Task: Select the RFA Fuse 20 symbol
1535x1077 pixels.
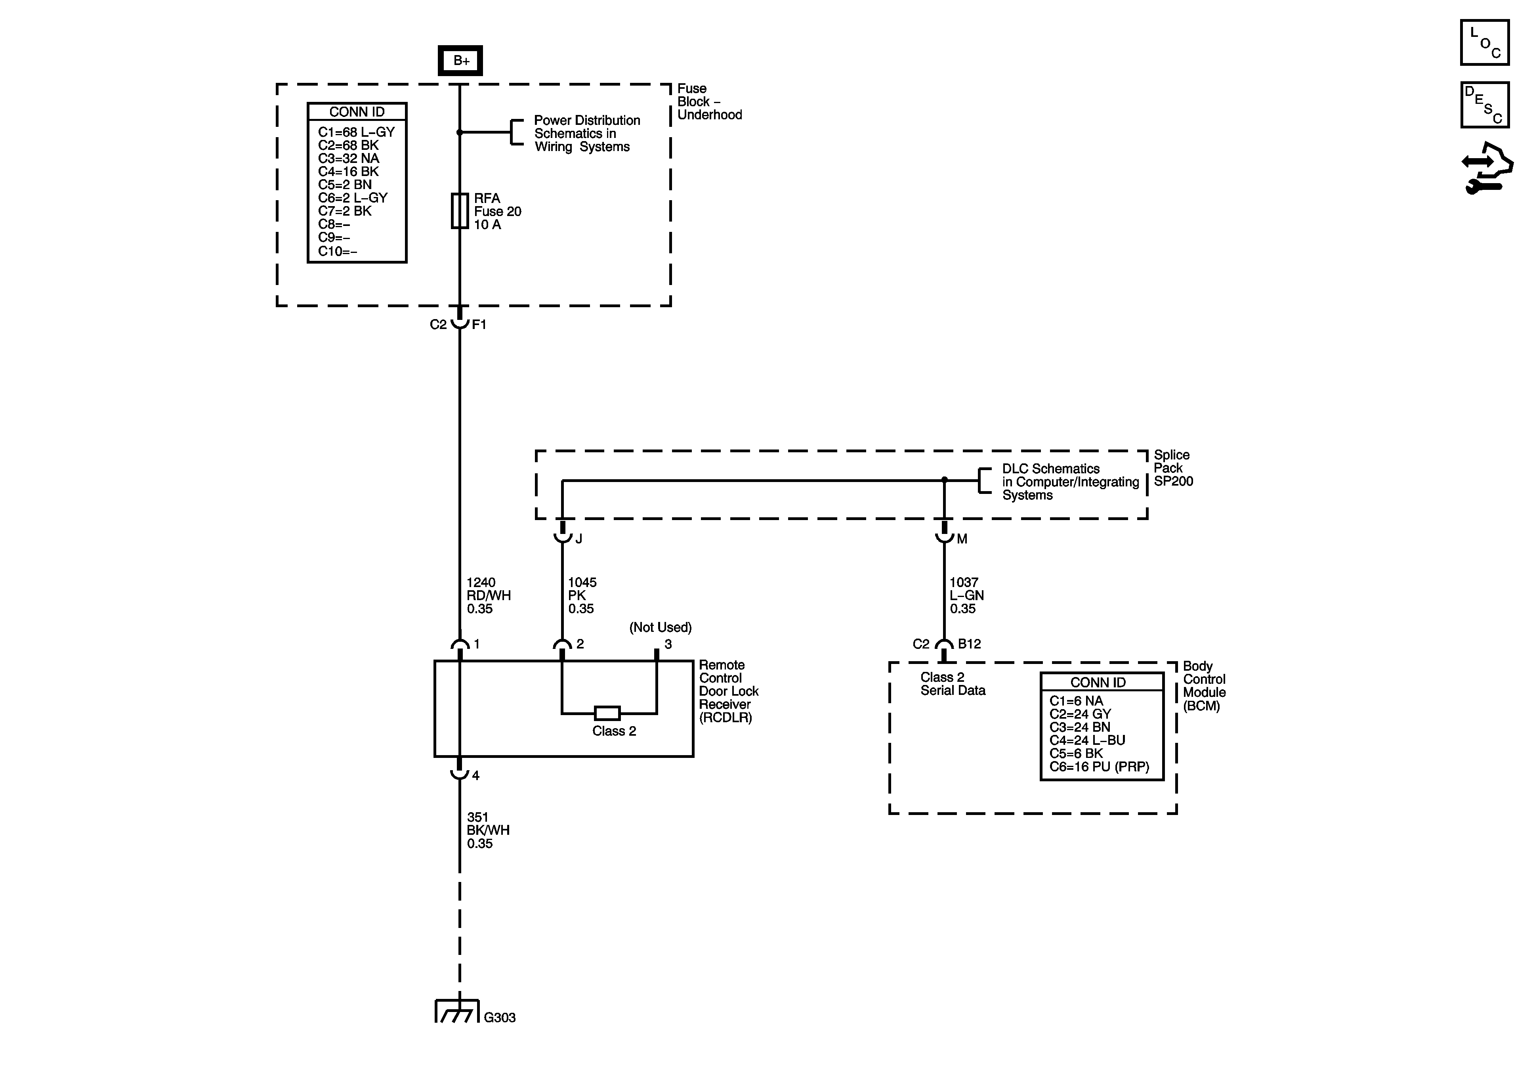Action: point(460,211)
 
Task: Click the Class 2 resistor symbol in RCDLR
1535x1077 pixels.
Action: point(607,713)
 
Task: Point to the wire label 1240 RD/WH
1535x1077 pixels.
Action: point(488,595)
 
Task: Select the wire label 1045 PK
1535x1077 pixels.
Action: point(582,595)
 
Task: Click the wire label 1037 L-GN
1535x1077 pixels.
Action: point(966,595)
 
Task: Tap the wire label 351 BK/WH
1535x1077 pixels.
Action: point(488,830)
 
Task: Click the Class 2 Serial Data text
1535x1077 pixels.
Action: point(952,684)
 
